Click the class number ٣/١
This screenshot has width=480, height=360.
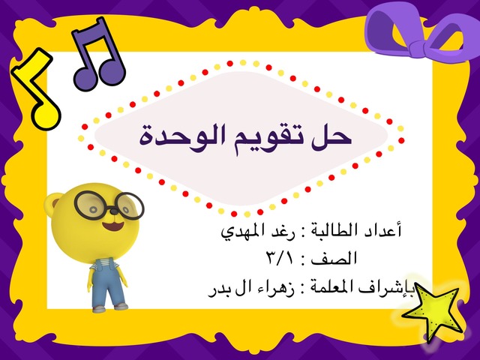(x=280, y=259)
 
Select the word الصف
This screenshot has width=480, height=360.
(x=334, y=259)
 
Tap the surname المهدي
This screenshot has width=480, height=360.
(x=243, y=232)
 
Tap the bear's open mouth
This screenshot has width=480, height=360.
(x=113, y=226)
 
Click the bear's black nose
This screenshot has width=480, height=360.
(x=113, y=211)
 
